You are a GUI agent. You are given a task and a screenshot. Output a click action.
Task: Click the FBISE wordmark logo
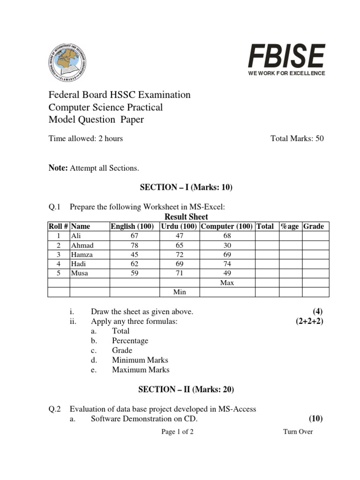[286, 56]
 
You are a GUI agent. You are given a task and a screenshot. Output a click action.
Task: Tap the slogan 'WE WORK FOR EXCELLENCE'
[286, 74]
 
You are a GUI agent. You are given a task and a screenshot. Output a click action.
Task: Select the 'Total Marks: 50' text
[297, 138]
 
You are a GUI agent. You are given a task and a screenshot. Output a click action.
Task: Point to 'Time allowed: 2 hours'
[86, 138]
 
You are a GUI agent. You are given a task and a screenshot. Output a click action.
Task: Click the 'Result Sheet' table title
[187, 217]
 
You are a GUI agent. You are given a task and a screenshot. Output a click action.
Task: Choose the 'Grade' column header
[314, 226]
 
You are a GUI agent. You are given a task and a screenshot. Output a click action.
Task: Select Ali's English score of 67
[135, 236]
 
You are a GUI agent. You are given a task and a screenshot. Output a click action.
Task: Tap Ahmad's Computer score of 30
[227, 245]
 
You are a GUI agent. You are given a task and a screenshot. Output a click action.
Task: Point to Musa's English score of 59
[135, 273]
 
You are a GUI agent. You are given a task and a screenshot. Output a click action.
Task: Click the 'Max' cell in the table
[227, 283]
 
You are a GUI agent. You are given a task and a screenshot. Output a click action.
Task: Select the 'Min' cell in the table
[180, 292]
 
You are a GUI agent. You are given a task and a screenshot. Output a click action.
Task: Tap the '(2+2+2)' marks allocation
[307, 321]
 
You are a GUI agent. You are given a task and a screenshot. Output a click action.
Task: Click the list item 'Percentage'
[130, 341]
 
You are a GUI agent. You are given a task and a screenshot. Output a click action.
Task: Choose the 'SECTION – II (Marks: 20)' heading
[186, 390]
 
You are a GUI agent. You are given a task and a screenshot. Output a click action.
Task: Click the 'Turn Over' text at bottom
[298, 432]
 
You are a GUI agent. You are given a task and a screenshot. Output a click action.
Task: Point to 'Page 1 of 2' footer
[177, 432]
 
